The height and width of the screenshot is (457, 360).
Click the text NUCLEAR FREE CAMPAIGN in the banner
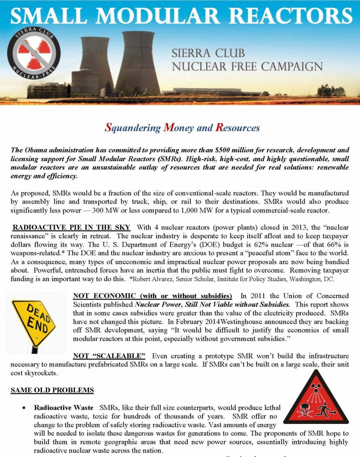[247, 67]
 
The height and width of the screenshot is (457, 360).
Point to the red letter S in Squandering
[108, 128]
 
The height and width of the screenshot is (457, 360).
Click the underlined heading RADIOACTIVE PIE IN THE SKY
[71, 228]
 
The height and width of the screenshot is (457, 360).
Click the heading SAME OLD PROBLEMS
[52, 390]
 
